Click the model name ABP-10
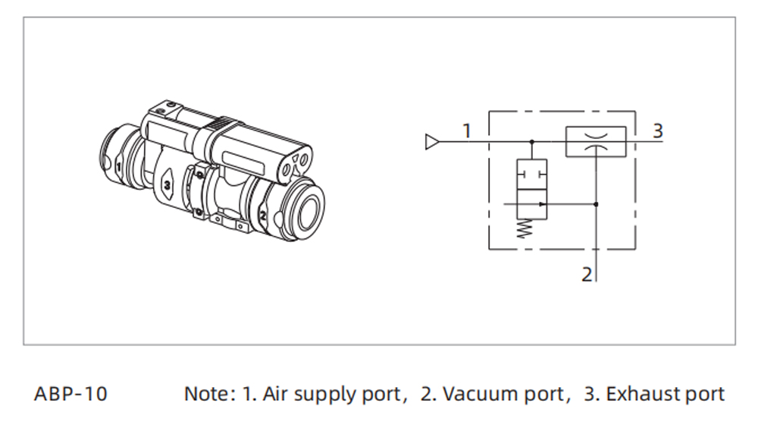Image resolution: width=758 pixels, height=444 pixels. pos(70,395)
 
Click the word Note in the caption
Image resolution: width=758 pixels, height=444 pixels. pos(205,395)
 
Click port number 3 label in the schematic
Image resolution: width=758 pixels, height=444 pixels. pos(657,131)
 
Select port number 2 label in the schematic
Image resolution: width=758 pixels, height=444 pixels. pos(587,275)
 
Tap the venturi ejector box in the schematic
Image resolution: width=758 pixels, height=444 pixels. pos(596,142)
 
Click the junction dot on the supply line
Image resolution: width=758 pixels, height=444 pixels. pos(531,142)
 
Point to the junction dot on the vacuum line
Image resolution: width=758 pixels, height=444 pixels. pos(597,204)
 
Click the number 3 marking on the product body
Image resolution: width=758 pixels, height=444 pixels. pos(166,185)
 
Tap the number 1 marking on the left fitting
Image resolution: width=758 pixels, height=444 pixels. pos(118,165)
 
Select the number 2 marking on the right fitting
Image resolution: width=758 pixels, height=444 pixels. pos(262,216)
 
